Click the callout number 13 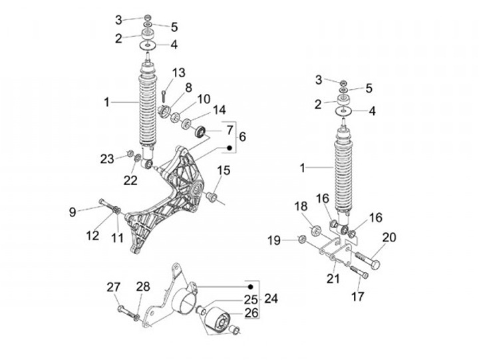click(179, 73)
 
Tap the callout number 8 click(188, 87)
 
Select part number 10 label click(204, 98)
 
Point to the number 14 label click(220, 110)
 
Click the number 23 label click(108, 158)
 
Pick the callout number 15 click(224, 171)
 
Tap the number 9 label click(73, 212)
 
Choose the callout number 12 click(92, 235)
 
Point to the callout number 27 click(114, 287)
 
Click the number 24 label click(269, 299)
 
